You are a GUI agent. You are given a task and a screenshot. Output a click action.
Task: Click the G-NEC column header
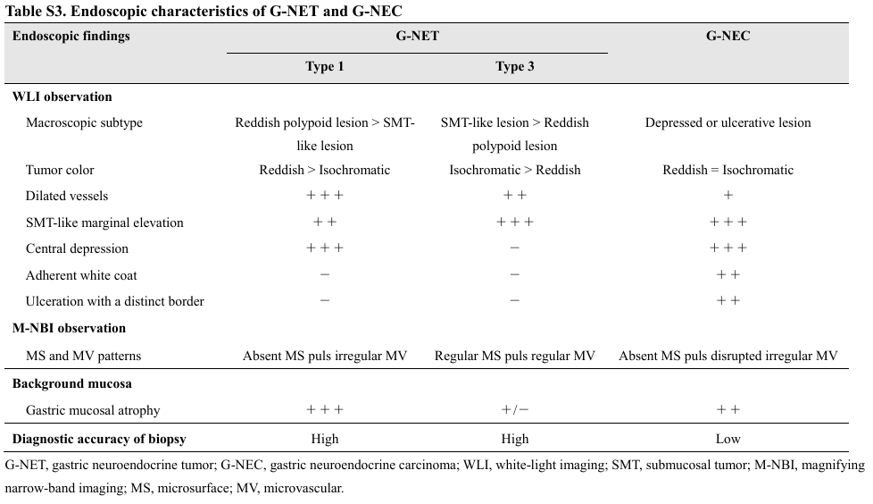[727, 37]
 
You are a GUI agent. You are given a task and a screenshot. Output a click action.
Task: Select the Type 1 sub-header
[325, 67]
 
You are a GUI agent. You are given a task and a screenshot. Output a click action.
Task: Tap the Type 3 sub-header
[515, 67]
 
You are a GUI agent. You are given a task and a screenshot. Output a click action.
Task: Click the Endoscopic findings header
[71, 37]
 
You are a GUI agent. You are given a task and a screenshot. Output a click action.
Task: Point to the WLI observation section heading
[62, 97]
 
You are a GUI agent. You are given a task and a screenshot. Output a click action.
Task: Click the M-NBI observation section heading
[69, 328]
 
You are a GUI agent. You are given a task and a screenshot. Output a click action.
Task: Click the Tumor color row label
[60, 170]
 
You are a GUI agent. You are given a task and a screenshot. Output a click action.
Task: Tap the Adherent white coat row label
[81, 275]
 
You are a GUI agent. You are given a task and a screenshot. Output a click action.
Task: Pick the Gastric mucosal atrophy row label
[92, 410]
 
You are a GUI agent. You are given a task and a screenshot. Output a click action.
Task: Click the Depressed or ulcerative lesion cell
[727, 122]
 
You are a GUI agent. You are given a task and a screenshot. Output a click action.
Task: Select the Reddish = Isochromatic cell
[727, 170]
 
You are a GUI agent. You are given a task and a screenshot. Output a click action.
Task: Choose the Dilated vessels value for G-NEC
[727, 196]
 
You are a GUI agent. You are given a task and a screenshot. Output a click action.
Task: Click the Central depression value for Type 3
[515, 248]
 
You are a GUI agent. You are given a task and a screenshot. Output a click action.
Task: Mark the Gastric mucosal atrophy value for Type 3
[515, 410]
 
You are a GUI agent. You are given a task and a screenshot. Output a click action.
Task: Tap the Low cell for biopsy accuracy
[727, 439]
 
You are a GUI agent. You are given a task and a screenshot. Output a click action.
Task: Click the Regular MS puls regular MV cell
[515, 356]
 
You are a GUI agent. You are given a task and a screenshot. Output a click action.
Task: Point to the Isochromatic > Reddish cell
[515, 170]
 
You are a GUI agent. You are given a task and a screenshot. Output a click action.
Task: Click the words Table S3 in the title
[32, 11]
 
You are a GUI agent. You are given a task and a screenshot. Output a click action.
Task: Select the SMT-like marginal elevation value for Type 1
[325, 223]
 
